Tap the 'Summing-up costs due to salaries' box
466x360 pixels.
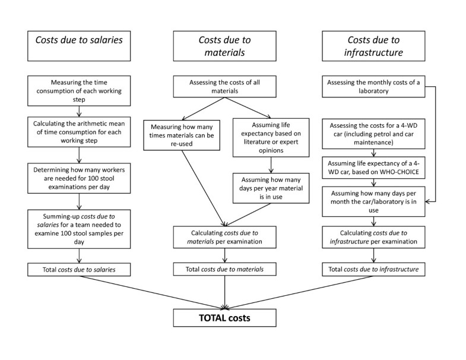click(x=79, y=223)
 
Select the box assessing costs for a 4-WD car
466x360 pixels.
click(x=372, y=134)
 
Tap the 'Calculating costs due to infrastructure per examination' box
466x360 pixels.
click(x=372, y=236)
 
